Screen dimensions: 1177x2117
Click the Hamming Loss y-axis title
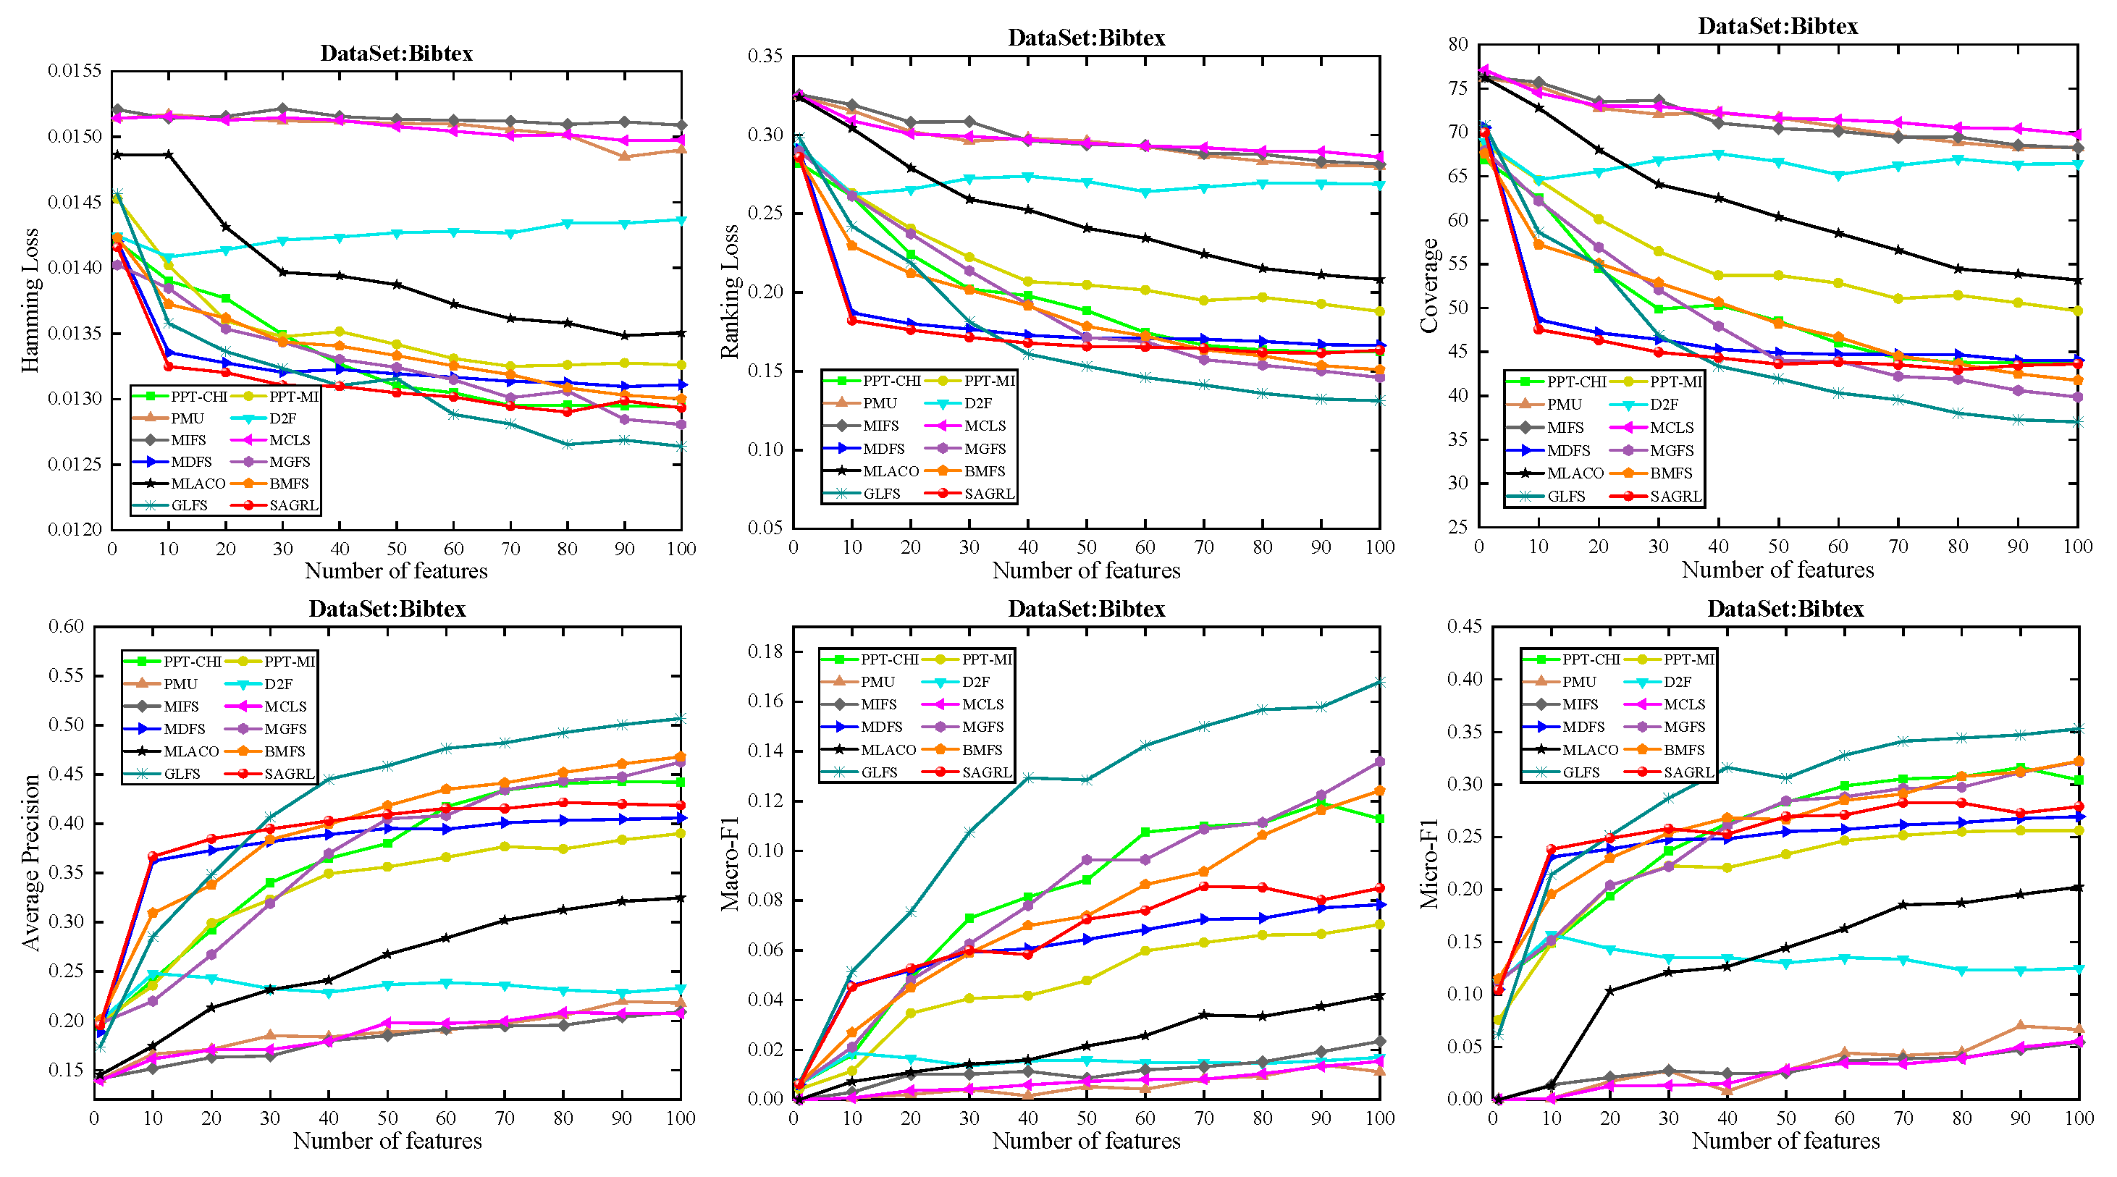pyautogui.click(x=30, y=300)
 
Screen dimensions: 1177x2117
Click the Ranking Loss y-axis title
pyautogui.click(x=730, y=292)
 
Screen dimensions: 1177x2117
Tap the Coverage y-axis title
pyautogui.click(x=1430, y=285)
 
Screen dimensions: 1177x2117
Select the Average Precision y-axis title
pyautogui.click(x=31, y=862)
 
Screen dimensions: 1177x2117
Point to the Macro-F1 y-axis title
pyautogui.click(x=730, y=863)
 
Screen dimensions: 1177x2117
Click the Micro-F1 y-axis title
pyautogui.click(x=1430, y=863)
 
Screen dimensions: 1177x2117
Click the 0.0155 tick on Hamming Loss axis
pyautogui.click(x=74, y=71)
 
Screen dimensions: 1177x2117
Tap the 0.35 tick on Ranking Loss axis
pyautogui.click(x=765, y=56)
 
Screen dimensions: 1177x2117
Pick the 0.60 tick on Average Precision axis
pyautogui.click(x=66, y=626)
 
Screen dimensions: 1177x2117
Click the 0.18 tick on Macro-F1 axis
pyautogui.click(x=765, y=651)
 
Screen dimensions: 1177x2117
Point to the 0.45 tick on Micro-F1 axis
pyautogui.click(x=1464, y=626)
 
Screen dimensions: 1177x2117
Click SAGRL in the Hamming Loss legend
pyautogui.click(x=292, y=505)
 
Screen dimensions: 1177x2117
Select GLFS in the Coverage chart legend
pyautogui.click(x=1566, y=497)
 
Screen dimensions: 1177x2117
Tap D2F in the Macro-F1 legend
pyautogui.click(x=975, y=682)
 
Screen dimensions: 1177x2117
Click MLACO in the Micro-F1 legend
pyautogui.click(x=1589, y=750)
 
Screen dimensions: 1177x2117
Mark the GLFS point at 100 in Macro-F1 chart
pyautogui.click(x=1380, y=682)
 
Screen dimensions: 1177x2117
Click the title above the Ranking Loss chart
pyautogui.click(x=1087, y=38)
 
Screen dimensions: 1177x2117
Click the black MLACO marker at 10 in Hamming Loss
pyautogui.click(x=169, y=154)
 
